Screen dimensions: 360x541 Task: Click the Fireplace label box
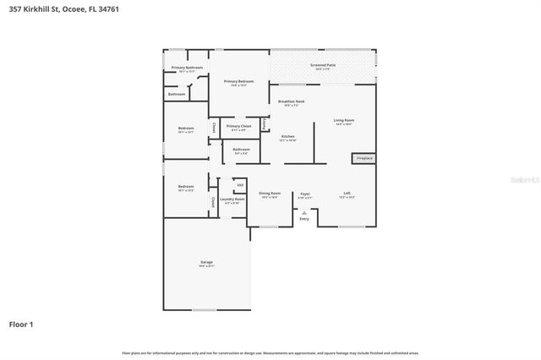pyautogui.click(x=363, y=158)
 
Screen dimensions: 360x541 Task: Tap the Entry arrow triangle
pyautogui.click(x=304, y=211)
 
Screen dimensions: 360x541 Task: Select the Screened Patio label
pyautogui.click(x=323, y=64)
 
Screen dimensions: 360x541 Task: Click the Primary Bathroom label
pyautogui.click(x=187, y=68)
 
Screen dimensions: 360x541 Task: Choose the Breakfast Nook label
pyautogui.click(x=291, y=101)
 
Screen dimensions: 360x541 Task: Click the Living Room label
pyautogui.click(x=344, y=121)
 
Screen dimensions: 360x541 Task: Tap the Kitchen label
pyautogui.click(x=287, y=136)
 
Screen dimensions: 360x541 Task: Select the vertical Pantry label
pyautogui.click(x=265, y=124)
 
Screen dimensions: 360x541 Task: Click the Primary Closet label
pyautogui.click(x=238, y=126)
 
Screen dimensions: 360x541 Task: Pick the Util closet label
pyautogui.click(x=240, y=184)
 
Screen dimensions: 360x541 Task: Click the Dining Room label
pyautogui.click(x=270, y=194)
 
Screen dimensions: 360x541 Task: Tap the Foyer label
pyautogui.click(x=304, y=194)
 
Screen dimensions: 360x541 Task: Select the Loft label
pyautogui.click(x=347, y=194)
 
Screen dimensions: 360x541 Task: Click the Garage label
pyautogui.click(x=206, y=263)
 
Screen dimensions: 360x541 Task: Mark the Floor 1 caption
pyautogui.click(x=22, y=324)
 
